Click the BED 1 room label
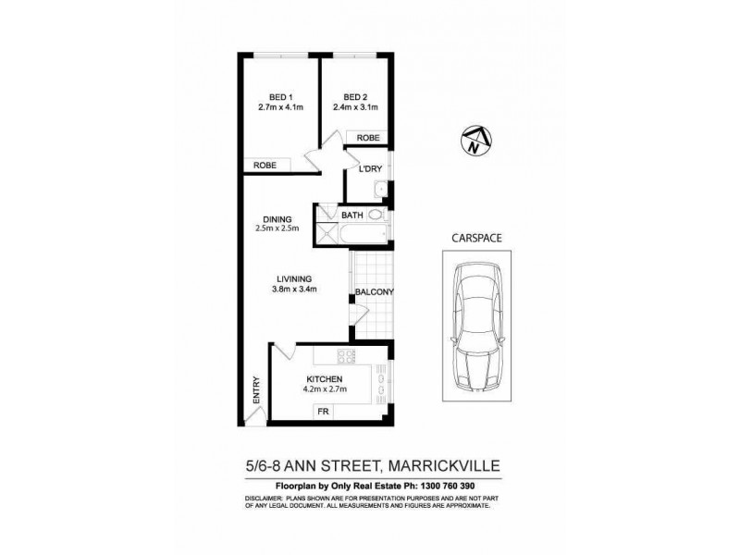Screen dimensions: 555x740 tap(280, 97)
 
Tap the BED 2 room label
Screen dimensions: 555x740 tap(355, 97)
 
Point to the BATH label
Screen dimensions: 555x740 tap(352, 216)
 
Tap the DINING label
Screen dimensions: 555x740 tap(276, 219)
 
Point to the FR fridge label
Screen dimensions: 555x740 tap(324, 410)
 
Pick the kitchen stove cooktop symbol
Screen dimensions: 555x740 tap(347, 357)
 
